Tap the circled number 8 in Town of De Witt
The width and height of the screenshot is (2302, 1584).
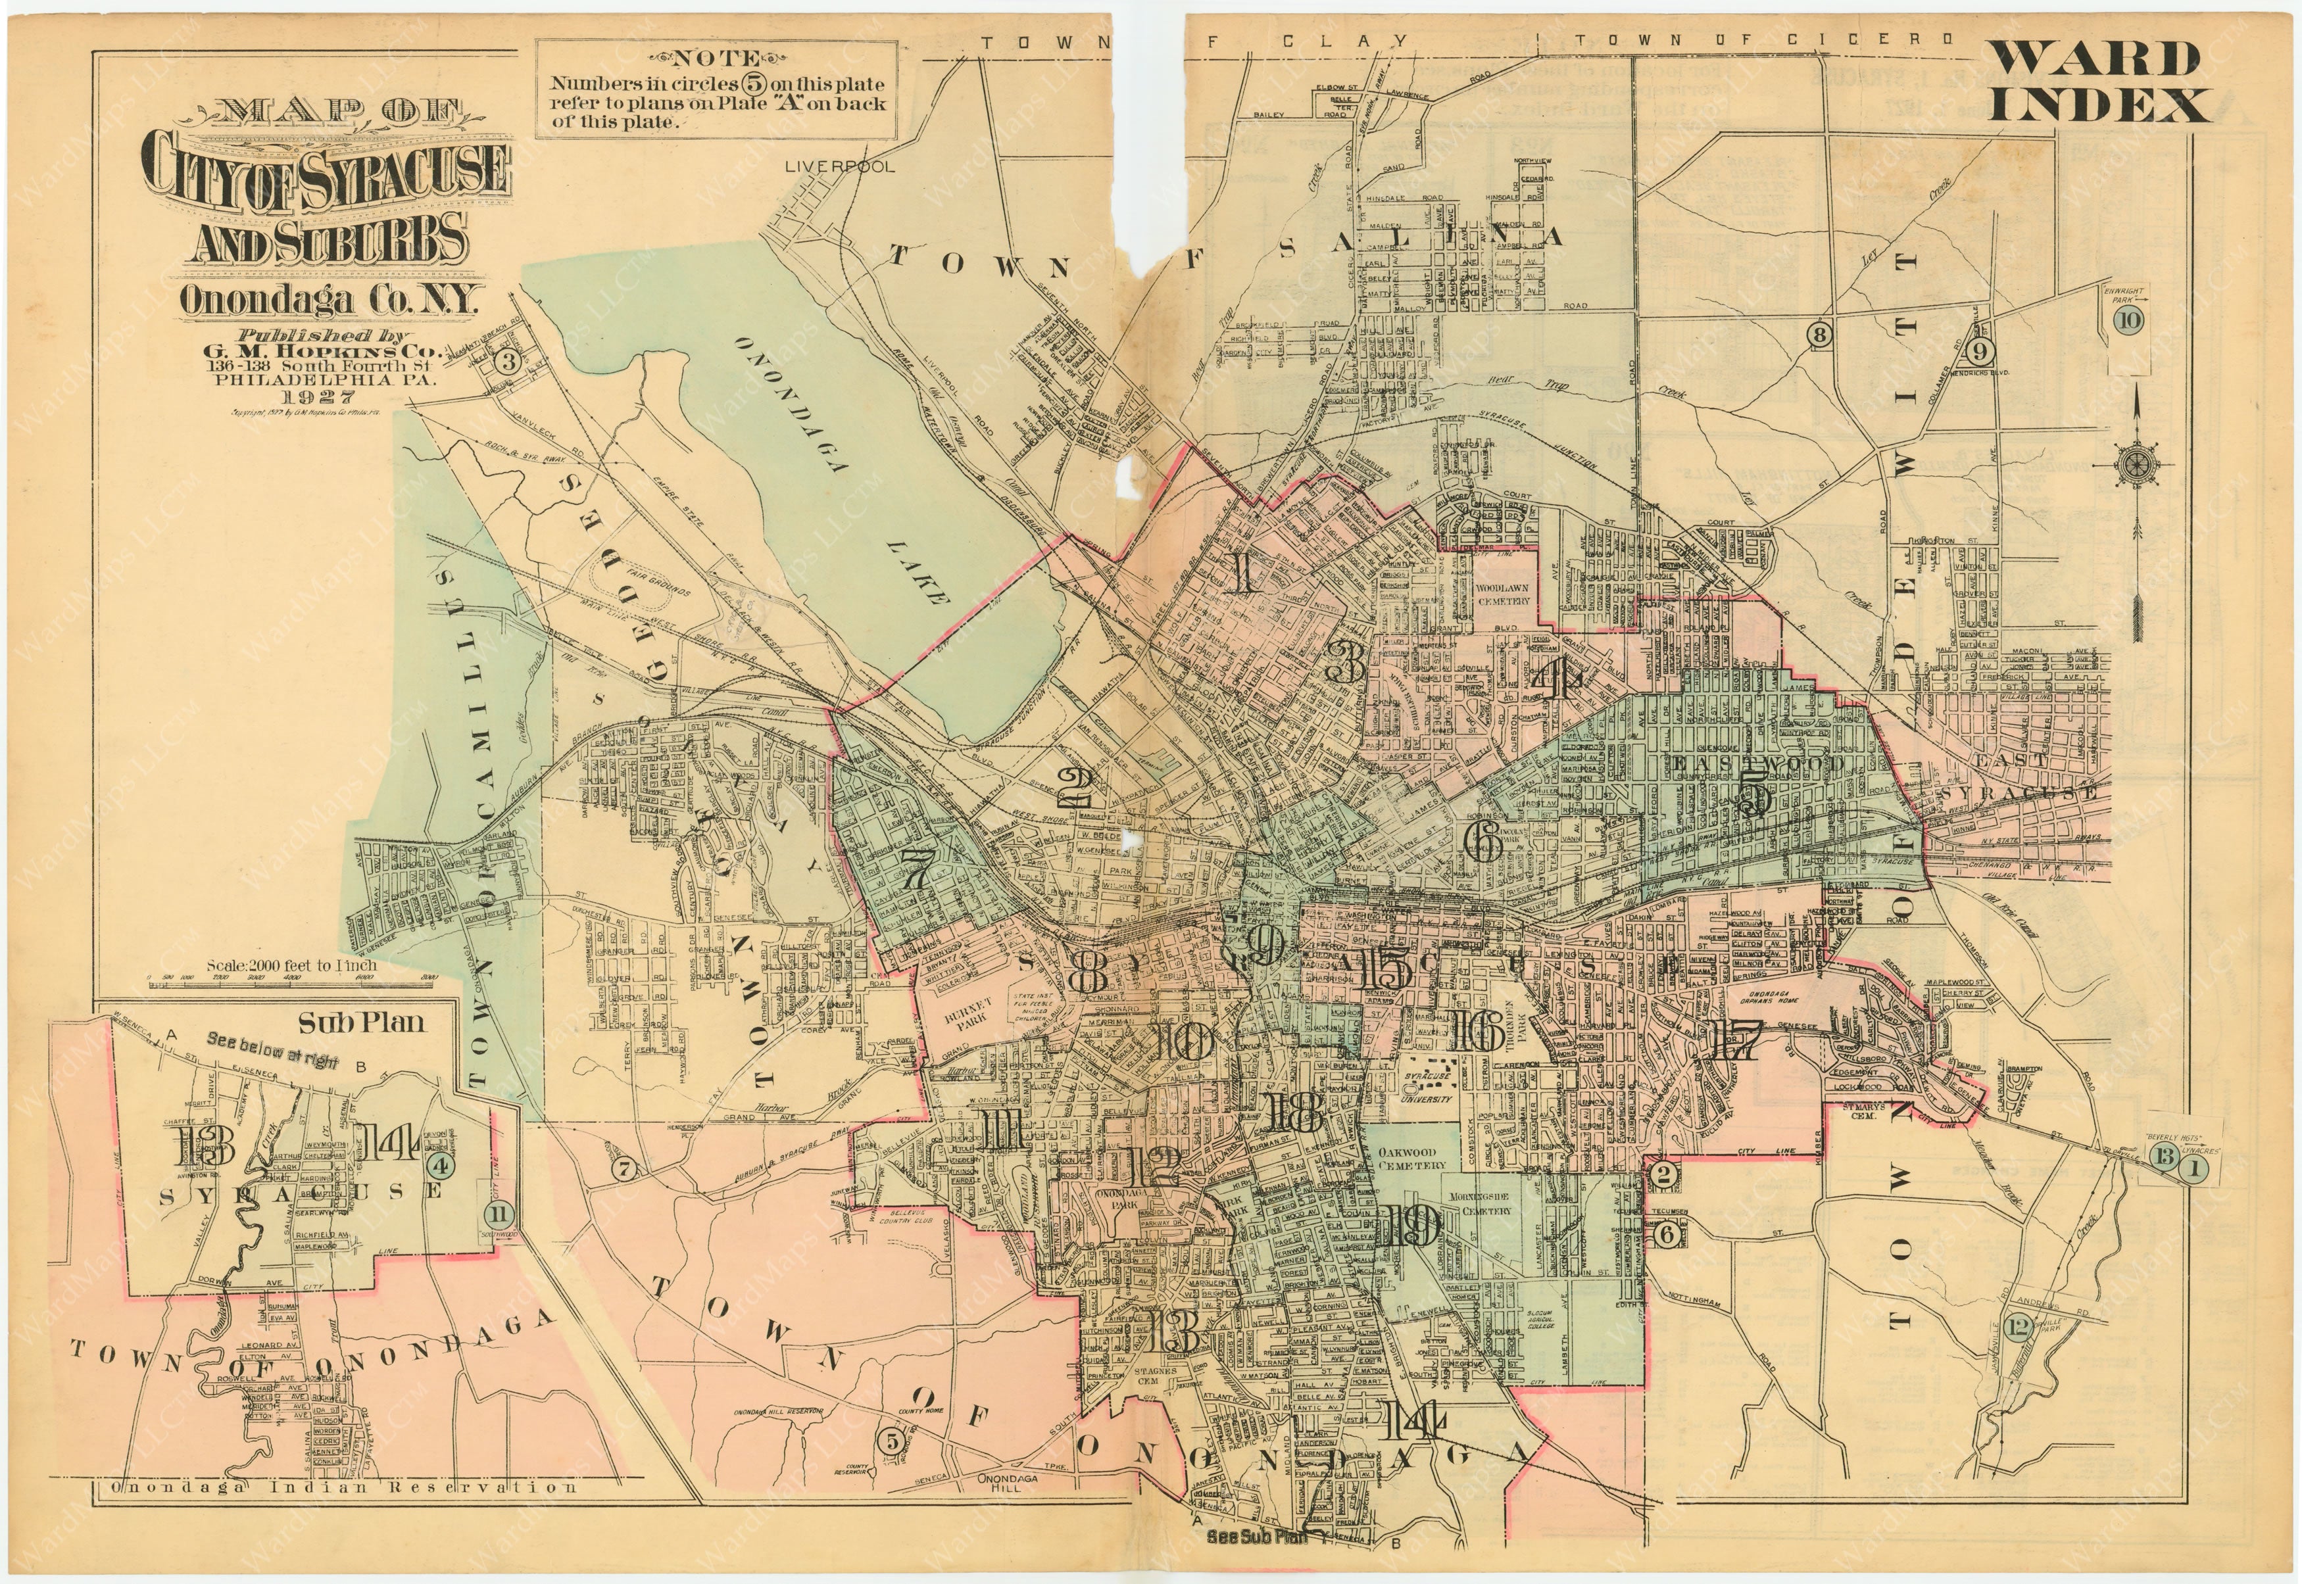(1819, 335)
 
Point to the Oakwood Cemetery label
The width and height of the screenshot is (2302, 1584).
(1411, 1158)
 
